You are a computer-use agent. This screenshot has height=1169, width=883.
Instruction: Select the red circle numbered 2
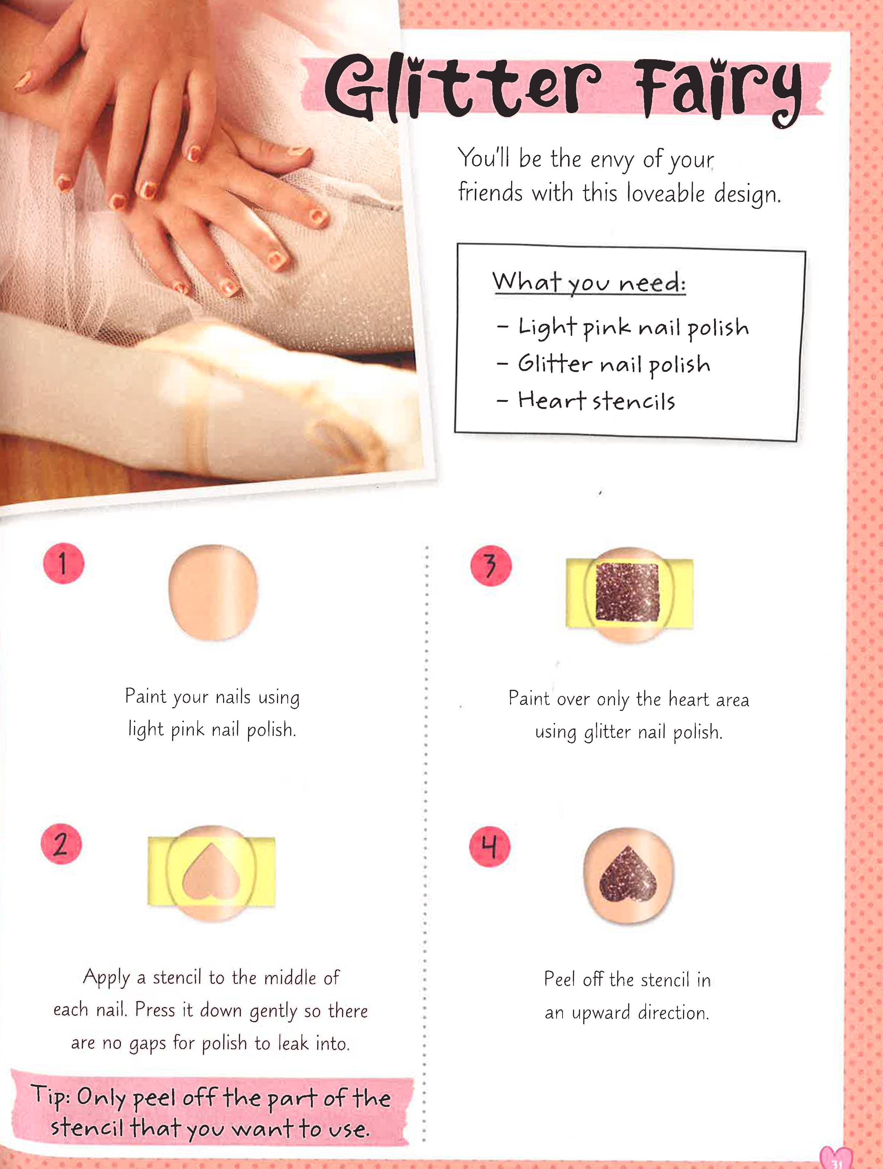pyautogui.click(x=61, y=844)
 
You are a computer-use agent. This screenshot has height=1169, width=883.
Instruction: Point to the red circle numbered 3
pyautogui.click(x=491, y=566)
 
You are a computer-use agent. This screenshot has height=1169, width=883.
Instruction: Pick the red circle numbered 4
pyautogui.click(x=490, y=847)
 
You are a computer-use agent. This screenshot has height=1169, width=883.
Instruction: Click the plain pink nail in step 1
pyautogui.click(x=213, y=592)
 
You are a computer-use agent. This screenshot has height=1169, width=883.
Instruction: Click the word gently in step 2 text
pyautogui.click(x=274, y=1011)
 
